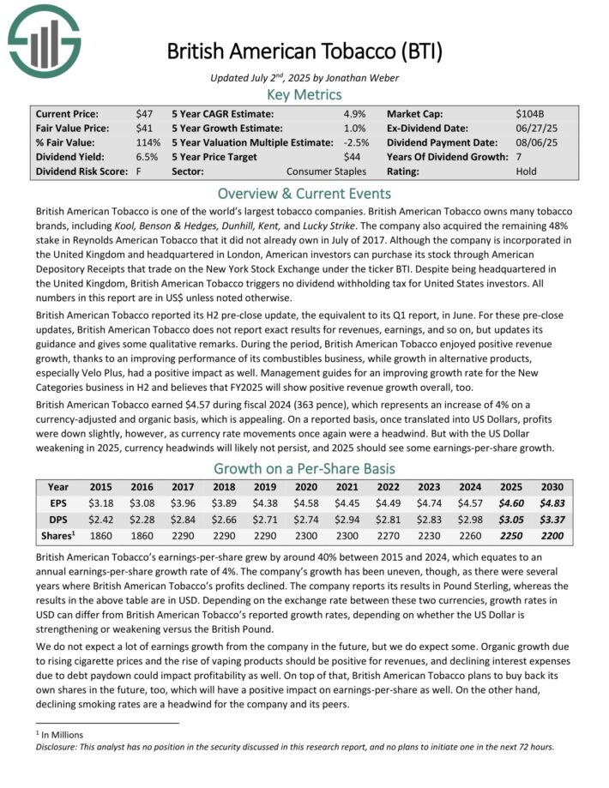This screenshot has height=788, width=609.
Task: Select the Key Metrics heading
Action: coord(304,94)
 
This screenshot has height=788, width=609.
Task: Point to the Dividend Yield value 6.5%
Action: coord(146,157)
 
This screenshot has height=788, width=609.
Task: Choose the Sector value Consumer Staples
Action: coord(327,171)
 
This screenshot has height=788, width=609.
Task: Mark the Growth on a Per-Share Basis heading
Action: coord(304,468)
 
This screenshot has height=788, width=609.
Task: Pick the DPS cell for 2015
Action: coord(101,520)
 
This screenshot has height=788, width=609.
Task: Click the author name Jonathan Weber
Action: coord(353,78)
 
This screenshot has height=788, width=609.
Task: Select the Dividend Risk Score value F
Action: coord(138,171)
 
